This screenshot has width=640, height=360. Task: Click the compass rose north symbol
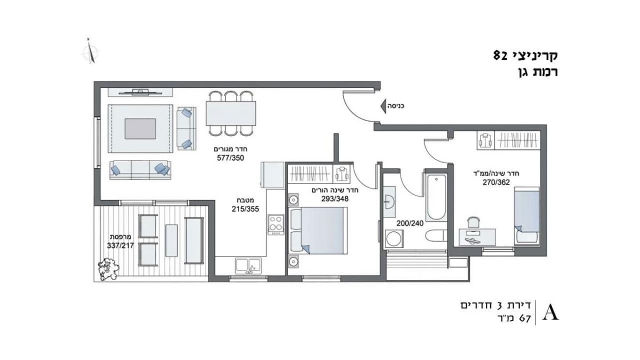pos(91,52)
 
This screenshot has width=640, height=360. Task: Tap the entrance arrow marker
pos(383,106)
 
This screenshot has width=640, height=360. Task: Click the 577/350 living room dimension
pos(230,158)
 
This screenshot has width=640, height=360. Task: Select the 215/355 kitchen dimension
pos(245,209)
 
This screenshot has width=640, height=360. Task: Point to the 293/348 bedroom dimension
pos(335,199)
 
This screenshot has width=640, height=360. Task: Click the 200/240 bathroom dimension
pos(410,223)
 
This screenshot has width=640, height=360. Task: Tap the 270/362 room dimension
pos(497,182)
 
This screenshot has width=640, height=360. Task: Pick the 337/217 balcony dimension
pos(121,246)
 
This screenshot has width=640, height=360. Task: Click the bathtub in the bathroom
pos(436,197)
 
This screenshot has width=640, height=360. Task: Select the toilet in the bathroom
pos(436,236)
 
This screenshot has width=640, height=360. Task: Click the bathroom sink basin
pos(389,202)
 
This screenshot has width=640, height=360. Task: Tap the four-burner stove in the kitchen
pos(276,225)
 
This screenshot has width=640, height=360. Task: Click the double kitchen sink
pos(248,266)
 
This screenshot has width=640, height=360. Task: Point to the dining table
pos(231,113)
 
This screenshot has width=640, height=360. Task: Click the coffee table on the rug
pos(140,129)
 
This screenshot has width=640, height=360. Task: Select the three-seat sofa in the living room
pos(140,170)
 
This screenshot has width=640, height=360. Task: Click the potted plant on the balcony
pos(108,268)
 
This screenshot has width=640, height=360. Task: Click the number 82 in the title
pos(500,55)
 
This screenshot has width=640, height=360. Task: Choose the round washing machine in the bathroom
pos(394,238)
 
